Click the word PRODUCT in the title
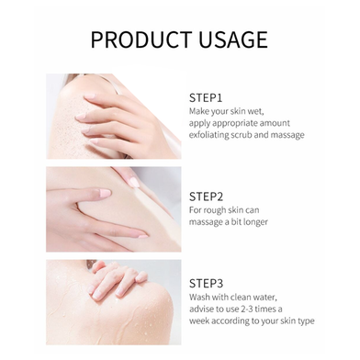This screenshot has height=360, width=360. pos(142,39)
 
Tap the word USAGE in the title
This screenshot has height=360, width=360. pos(233,39)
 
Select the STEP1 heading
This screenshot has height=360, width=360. pos(206,98)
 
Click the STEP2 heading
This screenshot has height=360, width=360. pos(206,197)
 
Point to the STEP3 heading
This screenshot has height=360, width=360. pos(206,284)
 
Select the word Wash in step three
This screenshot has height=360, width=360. pos(197,297)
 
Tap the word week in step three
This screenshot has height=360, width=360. pos(199,321)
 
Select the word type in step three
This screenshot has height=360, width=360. pos(305,321)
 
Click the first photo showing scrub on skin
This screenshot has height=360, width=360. pos(114,116)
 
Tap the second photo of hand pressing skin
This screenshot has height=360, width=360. pos(114,209)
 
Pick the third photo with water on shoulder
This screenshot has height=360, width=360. pos(114,302)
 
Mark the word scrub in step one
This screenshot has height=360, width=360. pos(242,135)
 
